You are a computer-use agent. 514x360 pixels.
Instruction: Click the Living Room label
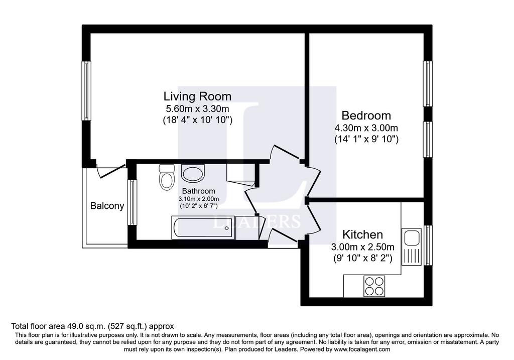[197, 96]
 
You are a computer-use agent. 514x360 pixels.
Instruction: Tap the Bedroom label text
[366, 115]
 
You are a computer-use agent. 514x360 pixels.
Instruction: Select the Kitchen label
[362, 234]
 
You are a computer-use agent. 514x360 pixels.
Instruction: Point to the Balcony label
[107, 206]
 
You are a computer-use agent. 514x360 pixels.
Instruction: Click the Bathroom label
[199, 191]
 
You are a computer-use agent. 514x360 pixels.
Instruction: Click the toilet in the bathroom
[167, 177]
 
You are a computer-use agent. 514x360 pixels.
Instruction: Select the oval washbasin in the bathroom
[193, 173]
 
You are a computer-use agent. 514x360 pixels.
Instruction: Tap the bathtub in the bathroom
[203, 227]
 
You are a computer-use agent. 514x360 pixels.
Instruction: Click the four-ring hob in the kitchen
[374, 286]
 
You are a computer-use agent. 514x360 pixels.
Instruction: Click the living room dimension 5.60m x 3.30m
[197, 108]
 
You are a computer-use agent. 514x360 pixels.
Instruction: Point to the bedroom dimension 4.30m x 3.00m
[366, 128]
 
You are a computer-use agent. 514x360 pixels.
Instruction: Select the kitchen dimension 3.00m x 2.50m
[362, 247]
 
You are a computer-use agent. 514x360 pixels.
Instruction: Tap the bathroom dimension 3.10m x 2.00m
[199, 199]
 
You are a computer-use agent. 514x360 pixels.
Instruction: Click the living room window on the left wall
[86, 90]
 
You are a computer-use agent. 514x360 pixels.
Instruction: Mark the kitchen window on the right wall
[428, 245]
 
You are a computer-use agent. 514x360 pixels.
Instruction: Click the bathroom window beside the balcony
[132, 202]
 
